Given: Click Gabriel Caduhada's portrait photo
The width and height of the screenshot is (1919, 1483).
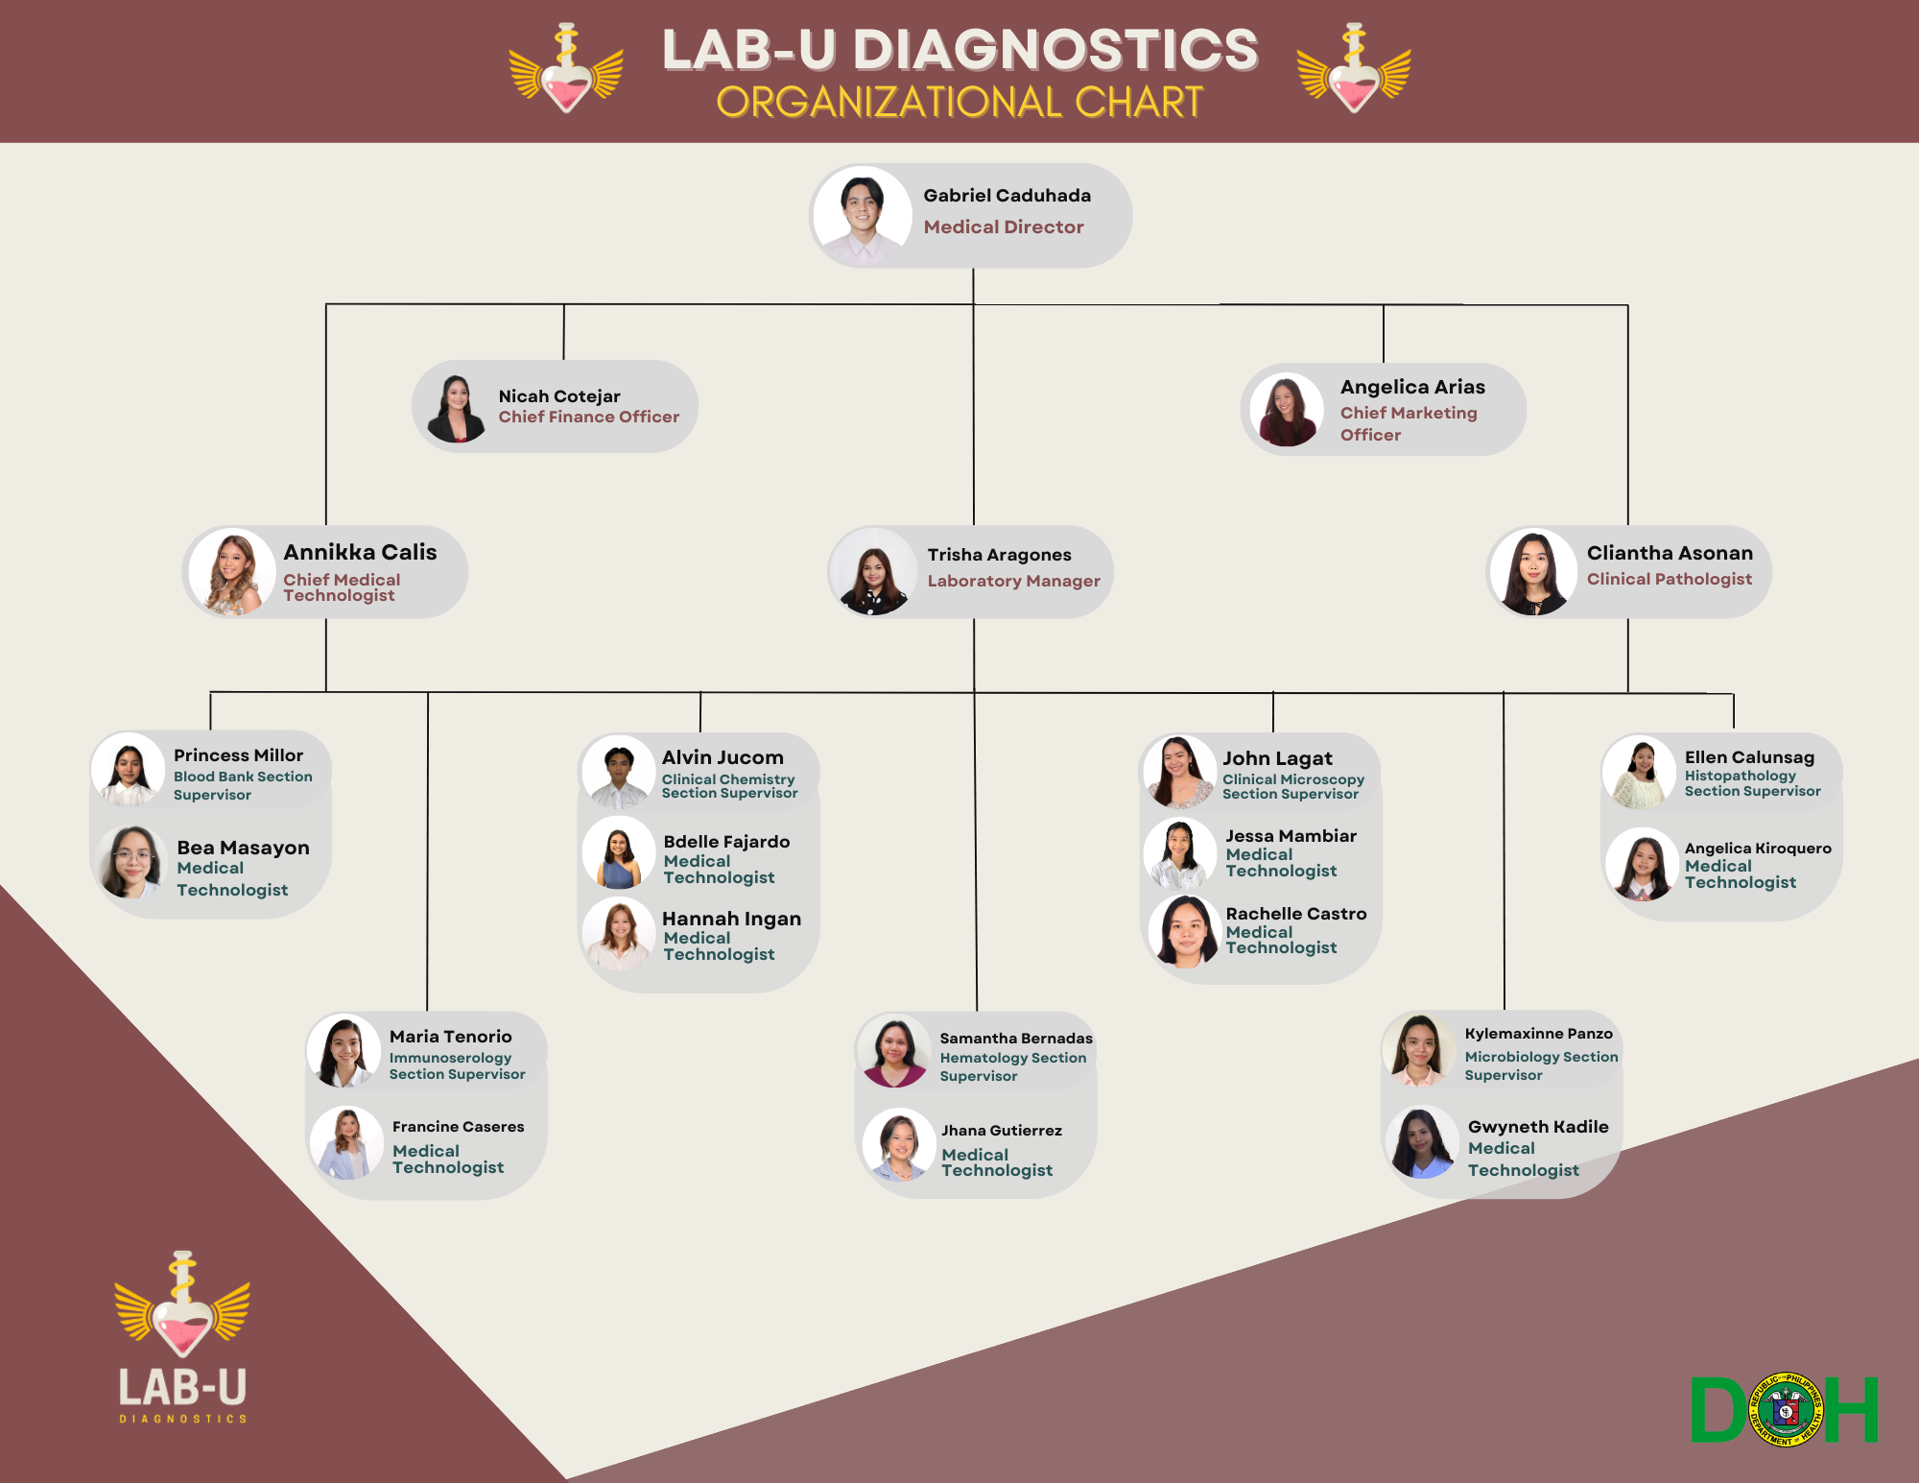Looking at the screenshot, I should coord(862,215).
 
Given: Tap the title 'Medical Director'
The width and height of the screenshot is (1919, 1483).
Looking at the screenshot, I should coord(1004,227).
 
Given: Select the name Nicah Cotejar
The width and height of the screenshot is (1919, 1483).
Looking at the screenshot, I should coord(559,395).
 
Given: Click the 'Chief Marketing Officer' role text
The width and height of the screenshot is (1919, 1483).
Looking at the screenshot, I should coord(1408,423).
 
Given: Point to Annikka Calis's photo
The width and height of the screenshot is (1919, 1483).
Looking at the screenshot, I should coord(231,573).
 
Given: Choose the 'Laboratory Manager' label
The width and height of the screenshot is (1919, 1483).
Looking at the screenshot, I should coord(1013,581).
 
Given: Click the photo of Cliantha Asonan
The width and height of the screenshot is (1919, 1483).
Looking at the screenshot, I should coord(1533,573).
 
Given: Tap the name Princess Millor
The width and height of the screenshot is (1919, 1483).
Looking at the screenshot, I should coord(238,755).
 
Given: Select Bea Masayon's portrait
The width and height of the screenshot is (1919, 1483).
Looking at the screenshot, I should coord(131,862).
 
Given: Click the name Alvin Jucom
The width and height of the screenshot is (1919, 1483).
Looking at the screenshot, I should coord(723,757).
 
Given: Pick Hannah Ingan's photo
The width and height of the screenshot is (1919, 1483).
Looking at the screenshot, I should coord(619,934).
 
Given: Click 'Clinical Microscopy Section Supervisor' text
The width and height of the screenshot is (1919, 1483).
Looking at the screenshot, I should coord(1292,786).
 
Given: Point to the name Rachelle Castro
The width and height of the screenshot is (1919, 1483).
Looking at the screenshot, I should coord(1295,914).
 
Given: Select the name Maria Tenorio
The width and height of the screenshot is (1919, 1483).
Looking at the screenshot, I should coord(450,1037).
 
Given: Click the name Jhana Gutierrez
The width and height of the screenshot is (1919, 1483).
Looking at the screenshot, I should coord(1001,1131).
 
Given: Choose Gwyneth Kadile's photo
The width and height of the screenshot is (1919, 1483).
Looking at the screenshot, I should coord(1421,1143).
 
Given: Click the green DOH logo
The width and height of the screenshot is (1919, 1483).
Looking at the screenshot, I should coord(1785,1409).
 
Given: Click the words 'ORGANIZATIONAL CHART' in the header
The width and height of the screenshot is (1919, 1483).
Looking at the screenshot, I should coord(959,103).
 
